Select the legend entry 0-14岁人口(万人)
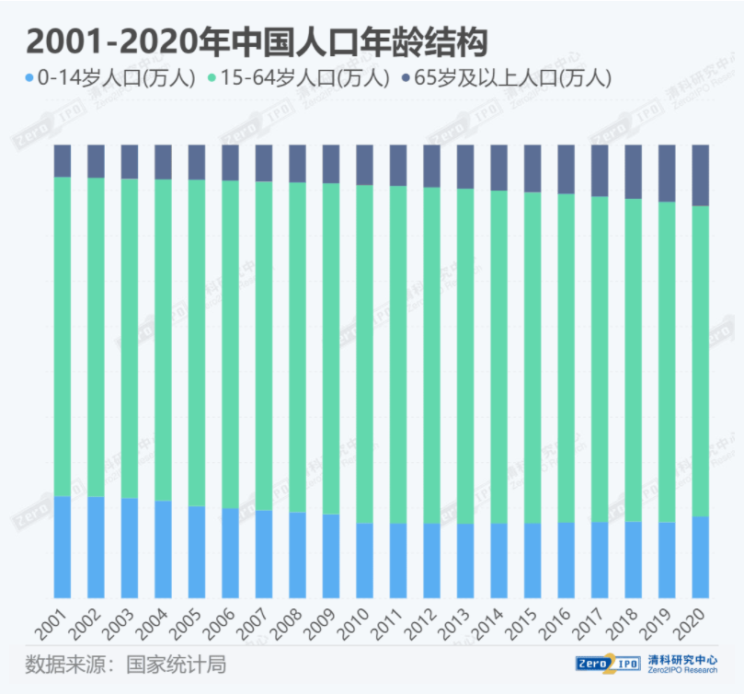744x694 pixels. [110, 78]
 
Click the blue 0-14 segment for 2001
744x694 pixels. [63, 547]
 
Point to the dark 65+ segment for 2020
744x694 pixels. [700, 175]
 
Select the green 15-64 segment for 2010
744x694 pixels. [365, 354]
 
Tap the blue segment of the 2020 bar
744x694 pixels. [700, 557]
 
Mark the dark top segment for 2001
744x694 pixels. [63, 160]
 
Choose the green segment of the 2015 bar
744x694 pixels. [532, 357]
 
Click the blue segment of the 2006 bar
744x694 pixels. [231, 552]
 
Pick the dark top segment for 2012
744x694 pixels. [432, 166]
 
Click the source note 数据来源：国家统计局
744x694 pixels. [126, 665]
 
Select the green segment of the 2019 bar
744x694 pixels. [667, 362]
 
